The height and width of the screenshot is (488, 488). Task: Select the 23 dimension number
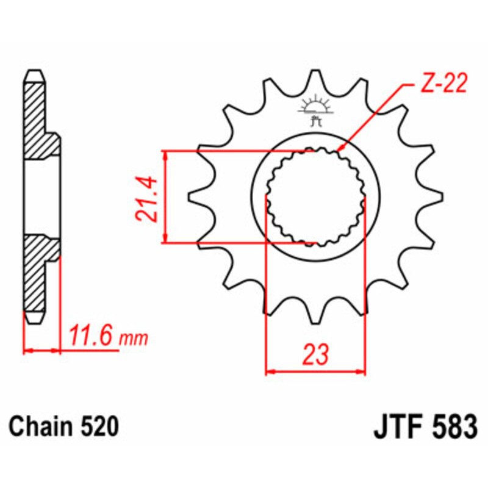tap(315, 354)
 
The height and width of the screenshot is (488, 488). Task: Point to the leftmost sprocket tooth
tap(196, 197)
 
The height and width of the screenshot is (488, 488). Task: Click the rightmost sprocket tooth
tap(434, 197)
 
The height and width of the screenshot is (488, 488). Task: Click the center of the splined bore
tap(315, 197)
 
